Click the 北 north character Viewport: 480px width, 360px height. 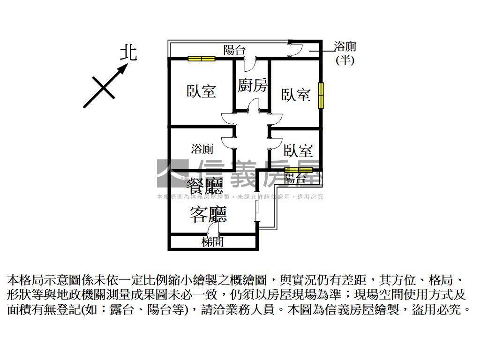(127, 52)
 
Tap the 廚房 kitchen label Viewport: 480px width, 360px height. (252, 85)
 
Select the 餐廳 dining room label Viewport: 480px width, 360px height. (205, 187)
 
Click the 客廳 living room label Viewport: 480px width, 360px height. (208, 214)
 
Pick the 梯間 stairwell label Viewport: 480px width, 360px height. (212, 242)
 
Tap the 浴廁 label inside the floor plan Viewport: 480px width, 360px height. (202, 149)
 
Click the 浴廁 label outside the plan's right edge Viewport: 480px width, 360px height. (345, 46)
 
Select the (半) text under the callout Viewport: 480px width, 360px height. (345, 60)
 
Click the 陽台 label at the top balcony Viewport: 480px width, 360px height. (234, 50)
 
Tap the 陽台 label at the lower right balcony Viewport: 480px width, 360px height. (295, 179)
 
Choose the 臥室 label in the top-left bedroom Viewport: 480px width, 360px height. (201, 90)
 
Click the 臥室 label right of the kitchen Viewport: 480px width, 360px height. (296, 95)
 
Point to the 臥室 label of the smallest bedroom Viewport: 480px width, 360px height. (298, 150)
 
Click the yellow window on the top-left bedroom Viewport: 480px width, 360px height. (202, 59)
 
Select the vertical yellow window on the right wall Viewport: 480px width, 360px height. (321, 96)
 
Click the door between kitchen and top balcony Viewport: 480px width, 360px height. (252, 61)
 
